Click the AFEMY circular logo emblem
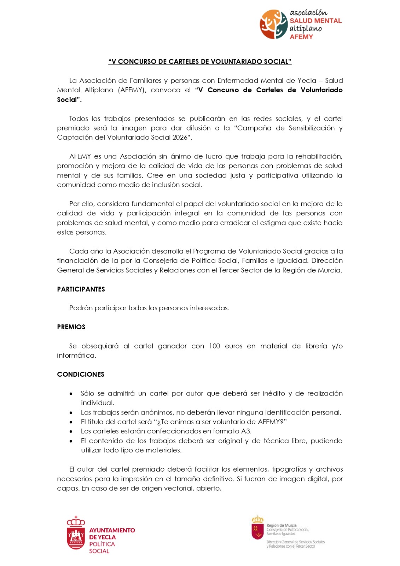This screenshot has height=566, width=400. pos(273,24)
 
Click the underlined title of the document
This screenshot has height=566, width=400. pos(200,62)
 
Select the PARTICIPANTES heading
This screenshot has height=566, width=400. pos(81,289)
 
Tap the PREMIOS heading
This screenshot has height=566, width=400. pos(71,327)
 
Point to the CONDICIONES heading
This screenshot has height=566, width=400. pos(81,374)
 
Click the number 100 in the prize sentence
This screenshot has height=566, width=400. pos(214,346)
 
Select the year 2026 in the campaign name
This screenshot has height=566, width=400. pos(180,138)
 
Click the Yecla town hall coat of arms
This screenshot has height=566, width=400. pos(76,533)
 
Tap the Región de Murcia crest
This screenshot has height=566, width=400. pos(257,529)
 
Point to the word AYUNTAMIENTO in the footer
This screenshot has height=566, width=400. pos(112,530)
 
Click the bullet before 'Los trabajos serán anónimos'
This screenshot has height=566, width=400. pos(71,413)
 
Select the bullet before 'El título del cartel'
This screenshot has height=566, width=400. pos(71,422)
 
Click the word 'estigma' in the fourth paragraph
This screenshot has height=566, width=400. pos(272,223)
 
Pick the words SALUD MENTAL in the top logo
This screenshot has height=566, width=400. pos(315,21)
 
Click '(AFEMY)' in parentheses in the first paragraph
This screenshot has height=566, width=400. pos(132,90)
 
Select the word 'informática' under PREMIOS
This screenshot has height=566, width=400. pos(76,356)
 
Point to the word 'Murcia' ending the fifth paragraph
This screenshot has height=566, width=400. pos(330,270)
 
